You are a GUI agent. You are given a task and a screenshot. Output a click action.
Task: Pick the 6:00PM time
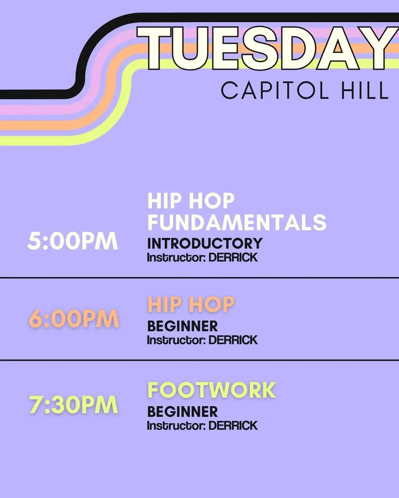click(74, 319)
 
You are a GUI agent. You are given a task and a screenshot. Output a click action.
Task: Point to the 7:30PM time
click(74, 405)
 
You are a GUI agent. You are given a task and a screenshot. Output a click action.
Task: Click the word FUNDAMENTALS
click(237, 222)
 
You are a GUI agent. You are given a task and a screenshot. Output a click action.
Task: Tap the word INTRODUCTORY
click(205, 243)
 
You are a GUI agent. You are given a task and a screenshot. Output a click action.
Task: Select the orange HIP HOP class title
click(191, 305)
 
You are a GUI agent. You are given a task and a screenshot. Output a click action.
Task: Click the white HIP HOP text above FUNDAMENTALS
click(191, 201)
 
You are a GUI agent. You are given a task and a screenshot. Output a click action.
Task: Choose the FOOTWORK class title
click(212, 390)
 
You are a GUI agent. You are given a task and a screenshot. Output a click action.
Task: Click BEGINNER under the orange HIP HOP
click(183, 326)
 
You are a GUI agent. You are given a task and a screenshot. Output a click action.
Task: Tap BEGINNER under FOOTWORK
click(183, 412)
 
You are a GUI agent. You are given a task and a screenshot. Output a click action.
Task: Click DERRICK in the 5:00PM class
click(233, 257)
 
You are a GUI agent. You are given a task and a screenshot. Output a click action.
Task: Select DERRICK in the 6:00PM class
click(233, 340)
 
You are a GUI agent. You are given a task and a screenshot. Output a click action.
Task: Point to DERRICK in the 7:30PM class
click(233, 426)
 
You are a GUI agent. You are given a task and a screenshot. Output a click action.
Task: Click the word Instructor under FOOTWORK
click(176, 426)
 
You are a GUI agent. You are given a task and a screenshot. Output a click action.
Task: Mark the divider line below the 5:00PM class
click(199, 277)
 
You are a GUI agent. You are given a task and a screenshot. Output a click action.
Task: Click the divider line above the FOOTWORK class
click(199, 360)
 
